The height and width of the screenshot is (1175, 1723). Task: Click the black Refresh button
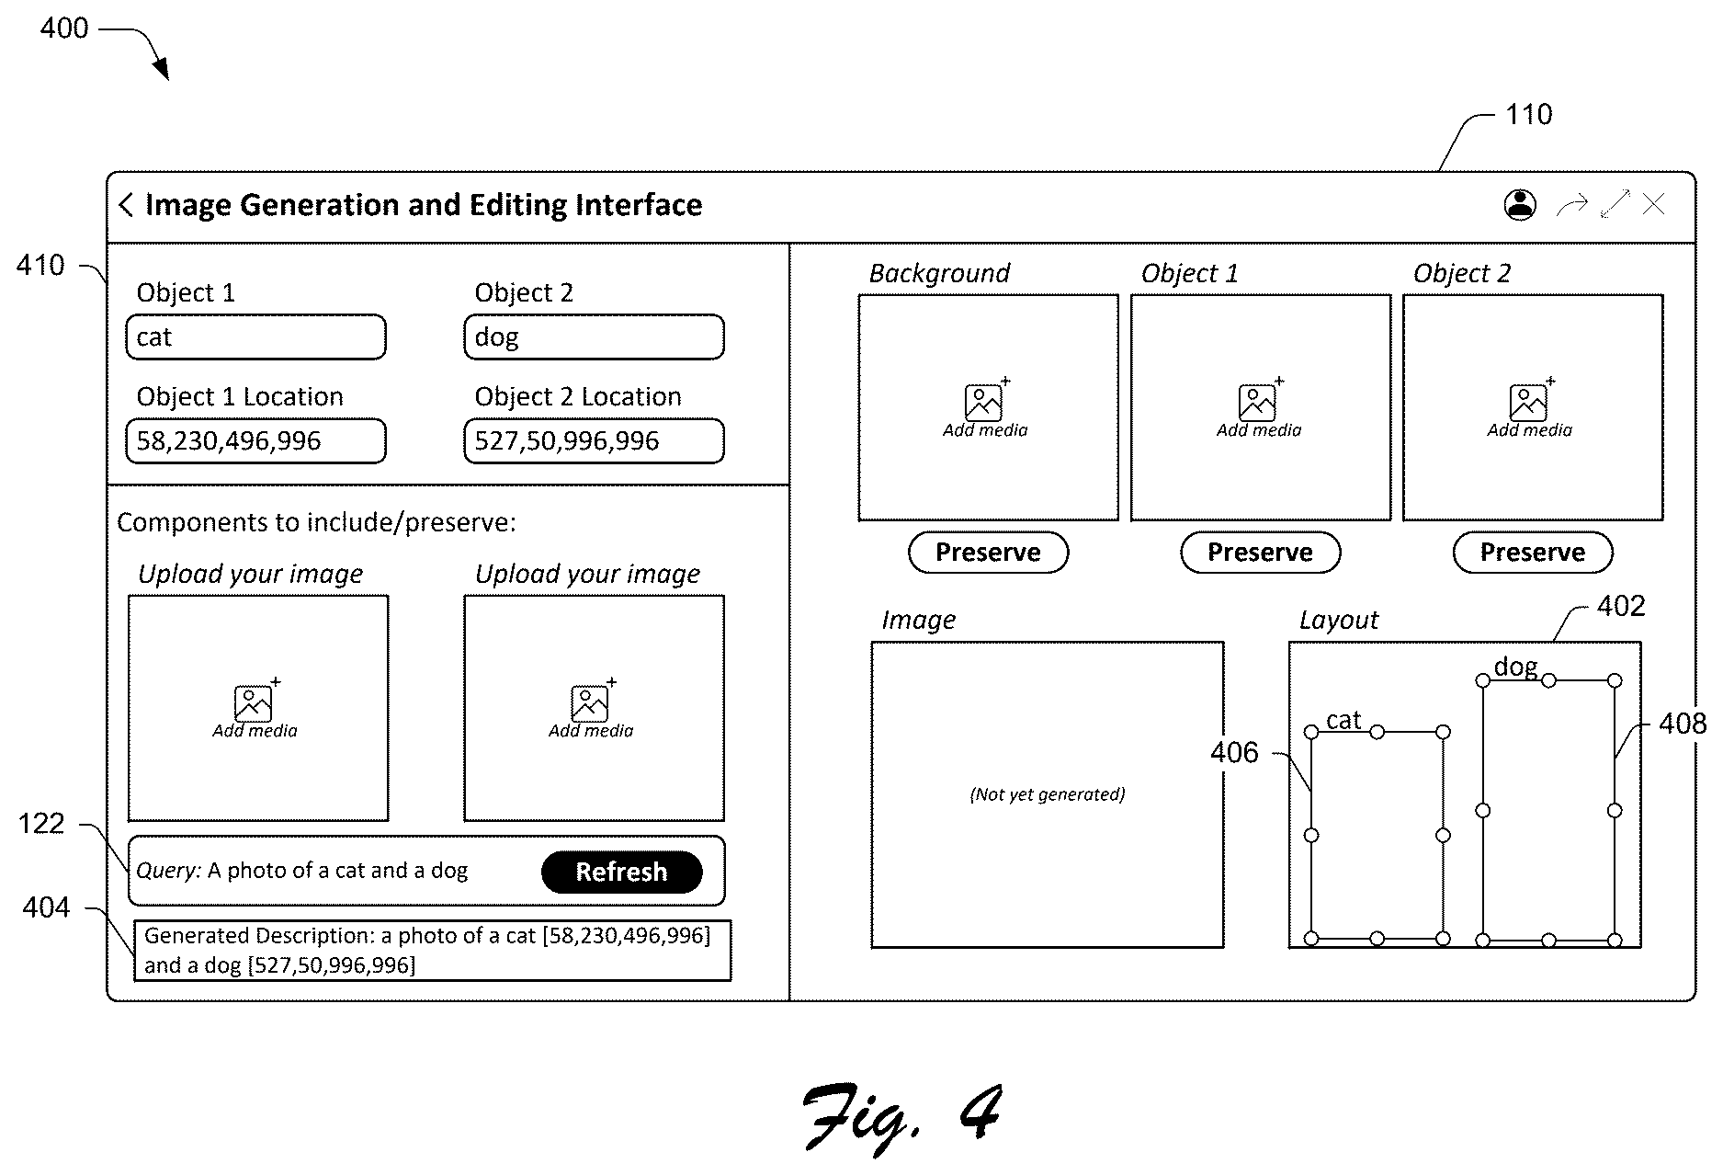click(x=621, y=872)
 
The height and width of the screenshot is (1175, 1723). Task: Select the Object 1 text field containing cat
click(x=255, y=337)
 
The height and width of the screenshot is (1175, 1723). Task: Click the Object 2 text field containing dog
click(x=594, y=337)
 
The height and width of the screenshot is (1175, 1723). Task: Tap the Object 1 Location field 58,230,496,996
click(x=255, y=441)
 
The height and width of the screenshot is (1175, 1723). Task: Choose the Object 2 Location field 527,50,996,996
click(x=594, y=441)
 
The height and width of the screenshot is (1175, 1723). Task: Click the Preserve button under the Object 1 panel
click(x=1260, y=553)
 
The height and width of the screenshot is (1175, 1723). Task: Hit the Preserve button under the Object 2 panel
click(x=1532, y=553)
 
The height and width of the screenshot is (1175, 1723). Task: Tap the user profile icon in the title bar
click(x=1520, y=204)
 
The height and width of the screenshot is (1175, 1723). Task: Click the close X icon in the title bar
click(x=1653, y=204)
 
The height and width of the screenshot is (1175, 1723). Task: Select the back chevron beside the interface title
click(x=126, y=204)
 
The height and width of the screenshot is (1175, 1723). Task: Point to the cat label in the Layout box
click(x=1343, y=720)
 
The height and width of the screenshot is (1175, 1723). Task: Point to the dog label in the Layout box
click(x=1515, y=667)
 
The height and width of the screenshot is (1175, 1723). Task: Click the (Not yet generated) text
click(x=1048, y=794)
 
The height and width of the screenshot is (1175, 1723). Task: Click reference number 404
click(x=46, y=908)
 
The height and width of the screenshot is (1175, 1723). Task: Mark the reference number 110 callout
click(x=1529, y=115)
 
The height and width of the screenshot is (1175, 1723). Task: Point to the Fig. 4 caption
click(x=902, y=1116)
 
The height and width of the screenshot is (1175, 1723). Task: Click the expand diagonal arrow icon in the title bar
click(x=1615, y=204)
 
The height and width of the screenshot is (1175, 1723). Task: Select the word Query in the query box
click(x=168, y=871)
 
